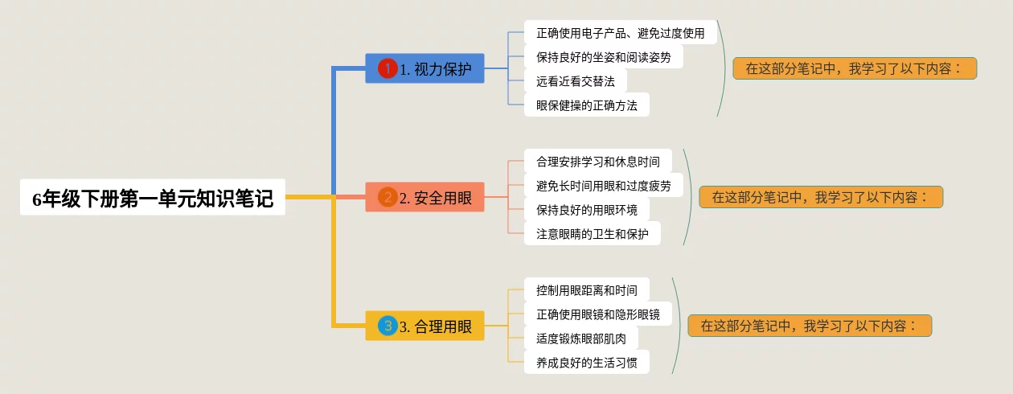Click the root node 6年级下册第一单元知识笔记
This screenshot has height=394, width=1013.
click(x=153, y=198)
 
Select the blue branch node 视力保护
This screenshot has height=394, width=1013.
click(x=424, y=68)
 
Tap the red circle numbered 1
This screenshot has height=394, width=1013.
click(x=388, y=68)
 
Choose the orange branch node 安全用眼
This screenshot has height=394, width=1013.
click(x=424, y=197)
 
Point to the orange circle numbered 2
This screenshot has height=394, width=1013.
click(x=388, y=197)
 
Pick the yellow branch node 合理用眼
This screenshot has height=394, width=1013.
click(x=424, y=326)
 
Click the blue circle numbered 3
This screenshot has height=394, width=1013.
click(x=388, y=326)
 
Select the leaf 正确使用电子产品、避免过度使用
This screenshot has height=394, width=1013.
click(x=620, y=33)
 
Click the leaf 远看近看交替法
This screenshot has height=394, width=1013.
click(x=575, y=81)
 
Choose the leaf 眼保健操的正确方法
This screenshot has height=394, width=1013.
click(x=586, y=105)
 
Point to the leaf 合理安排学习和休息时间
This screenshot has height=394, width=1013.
click(x=597, y=162)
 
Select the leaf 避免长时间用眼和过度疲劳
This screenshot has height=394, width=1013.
click(x=603, y=186)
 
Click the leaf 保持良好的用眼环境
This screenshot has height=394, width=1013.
click(x=586, y=210)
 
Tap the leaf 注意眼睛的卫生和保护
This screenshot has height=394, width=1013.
click(x=592, y=234)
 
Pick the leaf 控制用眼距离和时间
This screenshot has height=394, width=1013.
click(x=586, y=290)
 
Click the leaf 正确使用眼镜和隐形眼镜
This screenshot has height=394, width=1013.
click(x=597, y=314)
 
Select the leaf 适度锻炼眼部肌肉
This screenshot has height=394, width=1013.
click(x=580, y=339)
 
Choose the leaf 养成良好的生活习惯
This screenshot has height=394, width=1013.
click(x=586, y=363)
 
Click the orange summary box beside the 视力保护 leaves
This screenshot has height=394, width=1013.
click(x=854, y=68)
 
